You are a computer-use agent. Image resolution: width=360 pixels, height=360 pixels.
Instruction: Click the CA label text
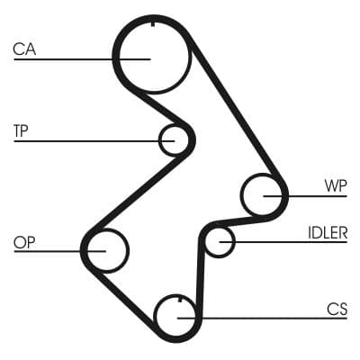pos(24,49)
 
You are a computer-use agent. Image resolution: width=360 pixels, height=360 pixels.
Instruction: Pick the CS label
pos(337,309)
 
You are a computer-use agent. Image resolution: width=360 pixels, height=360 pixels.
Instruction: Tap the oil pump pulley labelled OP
pos(105,248)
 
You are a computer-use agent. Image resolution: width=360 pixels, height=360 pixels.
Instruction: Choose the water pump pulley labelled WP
pos(265,194)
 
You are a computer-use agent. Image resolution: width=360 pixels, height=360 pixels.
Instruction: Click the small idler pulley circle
pos(219,241)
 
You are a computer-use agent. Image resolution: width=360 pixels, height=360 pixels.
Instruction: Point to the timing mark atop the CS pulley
pos(180,299)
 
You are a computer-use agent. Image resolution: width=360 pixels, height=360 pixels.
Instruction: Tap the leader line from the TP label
pos(90,139)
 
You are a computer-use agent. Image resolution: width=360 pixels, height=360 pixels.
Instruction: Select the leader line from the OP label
pos(54,251)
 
